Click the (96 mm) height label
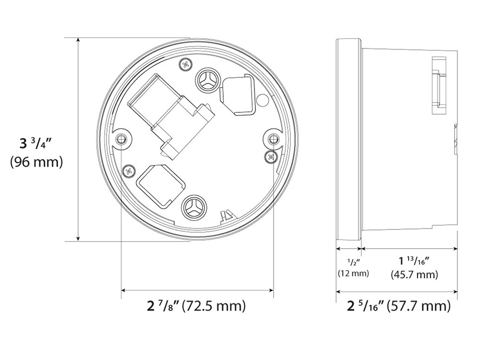(36, 162)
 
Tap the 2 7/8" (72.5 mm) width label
(196, 306)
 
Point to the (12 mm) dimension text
(353, 274)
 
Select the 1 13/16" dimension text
(413, 261)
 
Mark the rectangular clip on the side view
(439, 86)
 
